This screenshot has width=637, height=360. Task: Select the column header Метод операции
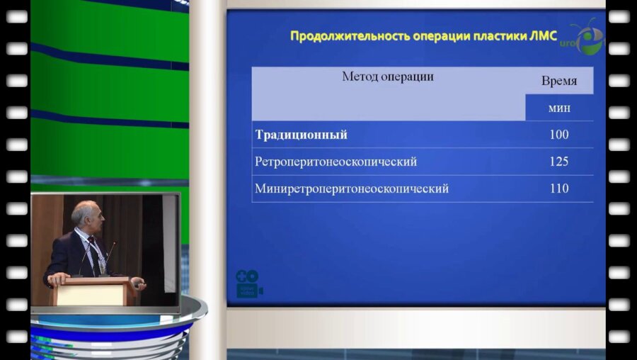click(x=387, y=77)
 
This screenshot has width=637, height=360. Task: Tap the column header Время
click(x=558, y=81)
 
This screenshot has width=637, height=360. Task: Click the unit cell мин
click(x=558, y=108)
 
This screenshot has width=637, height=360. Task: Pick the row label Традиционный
click(x=302, y=135)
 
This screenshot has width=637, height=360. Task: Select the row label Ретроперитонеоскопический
click(x=335, y=162)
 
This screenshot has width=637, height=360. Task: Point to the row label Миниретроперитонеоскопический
click(x=351, y=189)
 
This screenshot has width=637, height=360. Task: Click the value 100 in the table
click(x=558, y=135)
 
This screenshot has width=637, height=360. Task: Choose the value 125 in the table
click(x=558, y=162)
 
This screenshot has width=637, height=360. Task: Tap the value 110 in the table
click(x=558, y=189)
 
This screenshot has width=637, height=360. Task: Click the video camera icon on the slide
click(x=248, y=283)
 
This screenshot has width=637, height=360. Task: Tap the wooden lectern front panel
click(x=91, y=292)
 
